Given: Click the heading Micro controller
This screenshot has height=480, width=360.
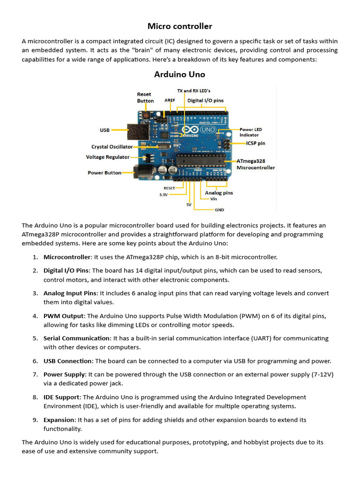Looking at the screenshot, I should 180,26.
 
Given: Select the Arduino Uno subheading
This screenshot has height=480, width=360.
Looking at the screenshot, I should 180,75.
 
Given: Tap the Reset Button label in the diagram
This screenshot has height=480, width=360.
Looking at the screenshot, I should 145,97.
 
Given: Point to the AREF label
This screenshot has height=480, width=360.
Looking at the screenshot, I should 170,100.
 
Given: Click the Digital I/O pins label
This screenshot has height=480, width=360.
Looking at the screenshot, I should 205,100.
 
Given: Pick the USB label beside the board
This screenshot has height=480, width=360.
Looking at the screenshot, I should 105,130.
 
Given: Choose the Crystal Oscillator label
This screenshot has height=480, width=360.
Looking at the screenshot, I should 112,147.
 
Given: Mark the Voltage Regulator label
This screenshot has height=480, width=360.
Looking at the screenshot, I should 108,157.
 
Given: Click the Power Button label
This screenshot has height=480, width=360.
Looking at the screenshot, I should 105,172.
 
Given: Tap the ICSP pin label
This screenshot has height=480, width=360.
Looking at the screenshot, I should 255,143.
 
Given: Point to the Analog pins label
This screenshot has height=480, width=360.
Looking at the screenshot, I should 219,193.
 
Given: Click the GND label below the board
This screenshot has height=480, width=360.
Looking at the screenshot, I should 219,210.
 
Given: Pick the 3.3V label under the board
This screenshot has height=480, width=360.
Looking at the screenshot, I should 163,195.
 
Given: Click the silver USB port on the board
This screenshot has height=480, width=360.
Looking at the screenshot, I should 137,131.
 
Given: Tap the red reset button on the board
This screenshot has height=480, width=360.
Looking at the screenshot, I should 146,115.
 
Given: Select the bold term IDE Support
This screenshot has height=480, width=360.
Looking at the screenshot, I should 61,397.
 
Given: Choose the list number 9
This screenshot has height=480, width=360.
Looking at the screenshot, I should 35,420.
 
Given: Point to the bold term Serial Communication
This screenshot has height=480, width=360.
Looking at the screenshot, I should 76,338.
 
